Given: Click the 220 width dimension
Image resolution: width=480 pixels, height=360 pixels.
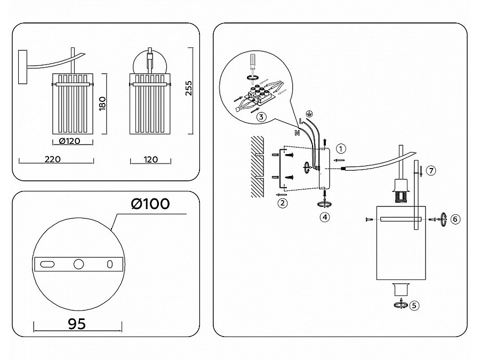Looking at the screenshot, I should [52, 159].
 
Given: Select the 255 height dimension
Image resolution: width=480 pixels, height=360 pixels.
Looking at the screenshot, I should [188, 88].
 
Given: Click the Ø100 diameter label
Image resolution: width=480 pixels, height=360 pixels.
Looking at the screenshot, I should [150, 204].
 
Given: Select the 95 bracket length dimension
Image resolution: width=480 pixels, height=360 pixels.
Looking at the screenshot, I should [77, 324].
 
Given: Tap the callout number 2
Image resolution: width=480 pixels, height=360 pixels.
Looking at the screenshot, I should [283, 203].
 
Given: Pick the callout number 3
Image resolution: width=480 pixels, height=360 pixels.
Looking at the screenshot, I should [260, 117].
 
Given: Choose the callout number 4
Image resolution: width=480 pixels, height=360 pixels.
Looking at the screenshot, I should [325, 217].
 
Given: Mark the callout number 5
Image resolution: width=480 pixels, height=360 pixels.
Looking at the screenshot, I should [415, 306].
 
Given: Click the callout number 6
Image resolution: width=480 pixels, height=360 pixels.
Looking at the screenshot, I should [454, 219].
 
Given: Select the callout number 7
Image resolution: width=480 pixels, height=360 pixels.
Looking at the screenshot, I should [431, 171].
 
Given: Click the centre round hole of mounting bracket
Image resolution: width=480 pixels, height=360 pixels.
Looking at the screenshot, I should [79, 263].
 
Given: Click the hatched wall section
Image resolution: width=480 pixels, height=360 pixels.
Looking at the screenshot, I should [258, 165].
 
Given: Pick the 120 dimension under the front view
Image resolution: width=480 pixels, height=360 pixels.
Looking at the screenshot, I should [151, 159].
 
